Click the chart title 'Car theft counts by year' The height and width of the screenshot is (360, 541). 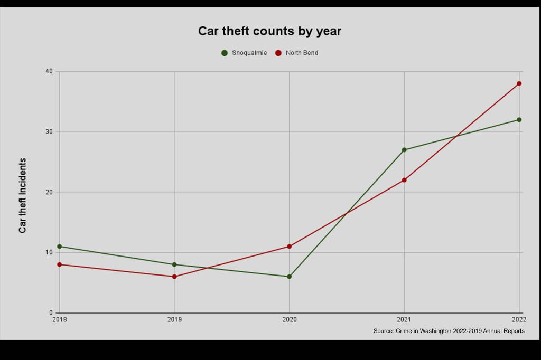point(269,31)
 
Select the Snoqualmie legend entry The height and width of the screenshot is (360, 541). point(244,53)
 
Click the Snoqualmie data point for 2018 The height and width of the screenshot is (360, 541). point(59,247)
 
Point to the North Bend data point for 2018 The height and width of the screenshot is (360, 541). point(59,264)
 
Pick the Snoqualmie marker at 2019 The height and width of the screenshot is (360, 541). point(174,264)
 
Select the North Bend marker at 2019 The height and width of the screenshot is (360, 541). point(174,277)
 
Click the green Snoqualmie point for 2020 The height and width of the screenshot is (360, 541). point(290,277)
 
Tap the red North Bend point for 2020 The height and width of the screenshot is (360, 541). point(290,247)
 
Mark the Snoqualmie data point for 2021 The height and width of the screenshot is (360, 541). point(404,150)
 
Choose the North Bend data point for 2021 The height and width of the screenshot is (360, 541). point(404,180)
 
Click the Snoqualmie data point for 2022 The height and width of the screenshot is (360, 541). point(519,120)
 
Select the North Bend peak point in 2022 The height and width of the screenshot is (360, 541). point(519,83)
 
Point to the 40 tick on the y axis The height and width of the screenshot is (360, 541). point(49,71)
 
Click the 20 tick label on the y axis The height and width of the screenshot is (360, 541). point(49,192)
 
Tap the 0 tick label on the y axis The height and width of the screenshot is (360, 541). point(51,313)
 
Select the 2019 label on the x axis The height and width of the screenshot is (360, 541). point(174,320)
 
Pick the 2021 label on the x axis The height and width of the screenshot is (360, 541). point(404,320)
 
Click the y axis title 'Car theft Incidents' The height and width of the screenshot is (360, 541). point(23,195)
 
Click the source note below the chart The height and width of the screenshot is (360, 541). point(449,331)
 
